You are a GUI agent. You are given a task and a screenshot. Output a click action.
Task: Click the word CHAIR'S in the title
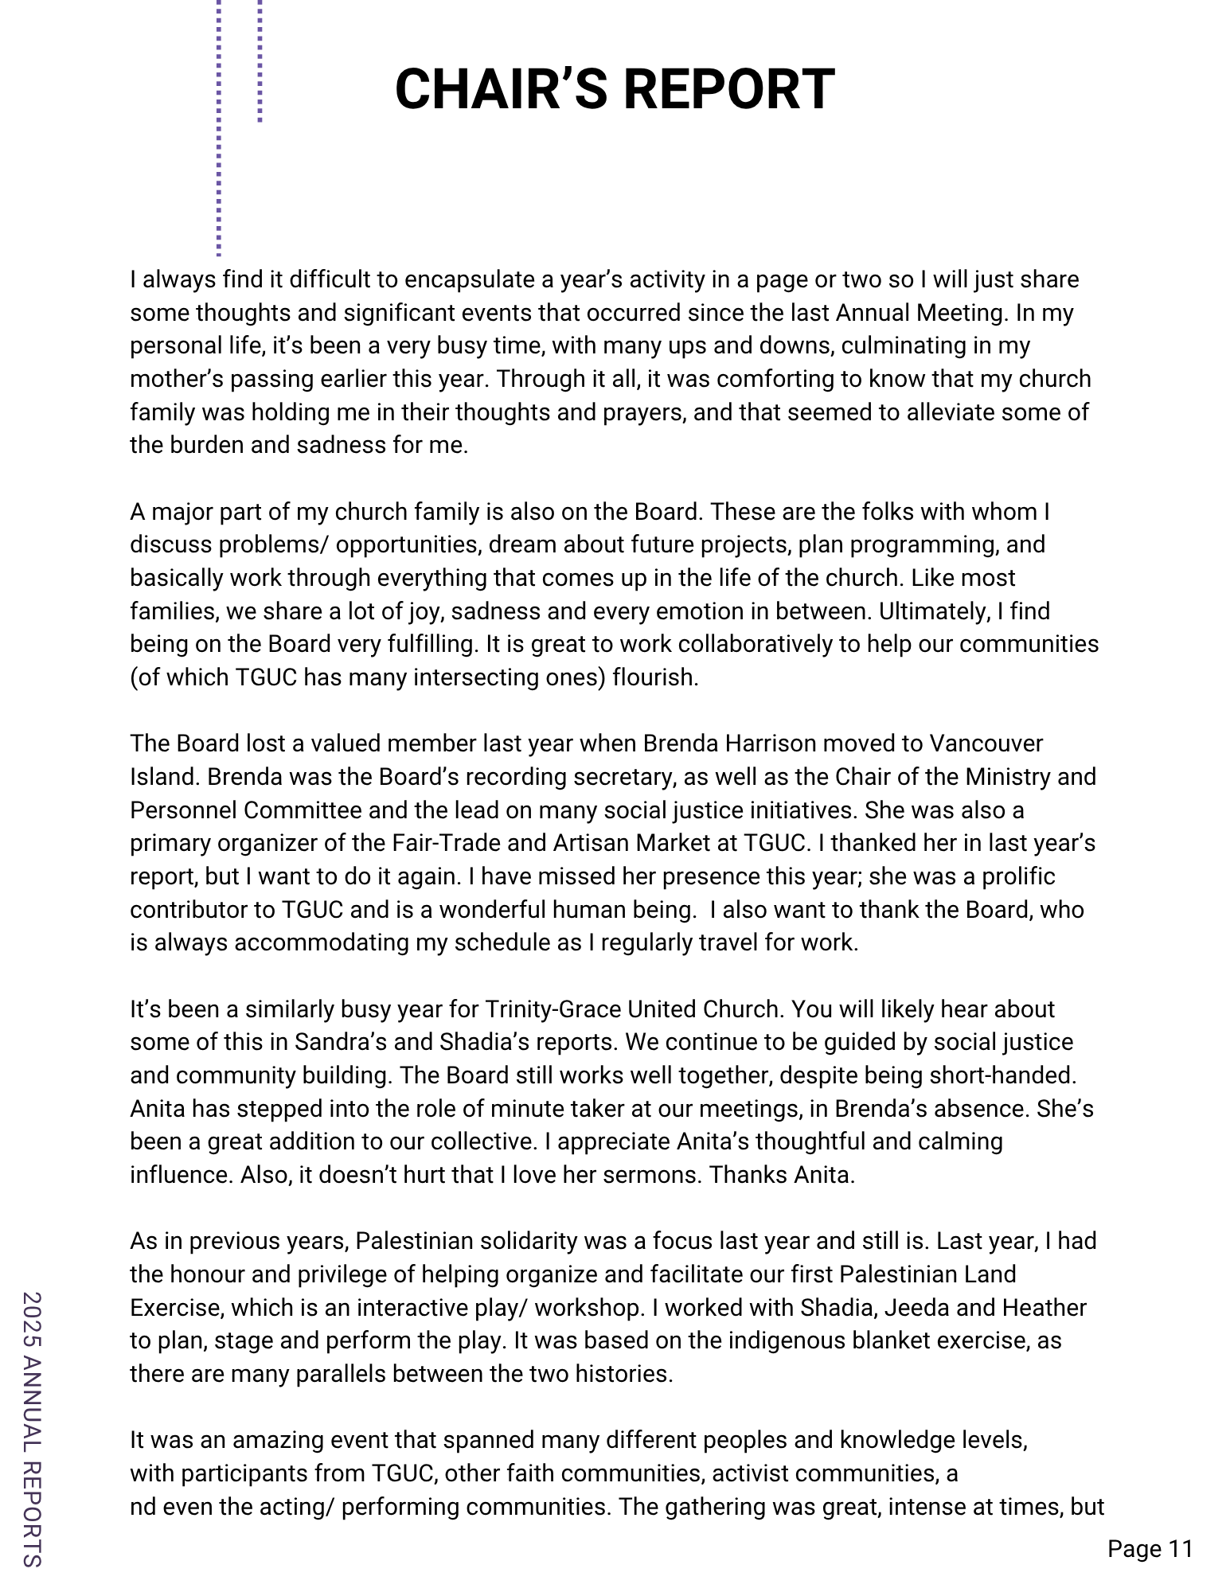pyautogui.click(x=502, y=89)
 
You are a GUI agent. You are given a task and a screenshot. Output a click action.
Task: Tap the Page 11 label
pyautogui.click(x=1150, y=1548)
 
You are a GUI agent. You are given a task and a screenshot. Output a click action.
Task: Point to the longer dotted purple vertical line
pyautogui.click(x=218, y=127)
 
